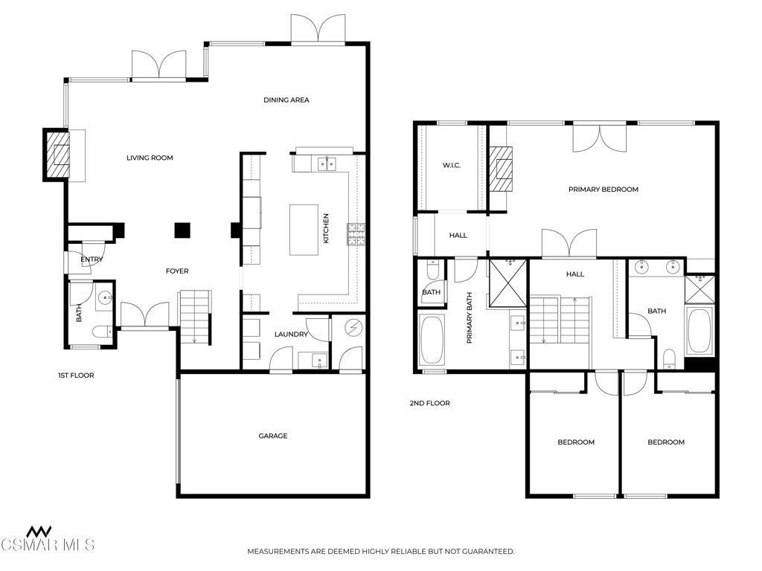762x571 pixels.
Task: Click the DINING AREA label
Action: tap(286, 100)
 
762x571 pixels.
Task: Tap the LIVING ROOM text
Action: tap(150, 158)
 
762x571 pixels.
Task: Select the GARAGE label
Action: tap(272, 436)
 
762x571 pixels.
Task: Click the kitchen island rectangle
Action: tap(304, 230)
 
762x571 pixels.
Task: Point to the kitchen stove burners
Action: tap(356, 234)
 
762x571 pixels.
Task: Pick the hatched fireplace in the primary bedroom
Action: tap(501, 170)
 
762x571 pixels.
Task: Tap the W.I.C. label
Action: tap(452, 166)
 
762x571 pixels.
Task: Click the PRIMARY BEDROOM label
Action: tap(603, 190)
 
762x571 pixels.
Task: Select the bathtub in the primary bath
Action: tap(432, 340)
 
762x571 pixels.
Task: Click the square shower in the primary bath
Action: tap(508, 283)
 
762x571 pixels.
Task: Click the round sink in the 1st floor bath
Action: tap(105, 297)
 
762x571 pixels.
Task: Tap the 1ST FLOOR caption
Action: tap(76, 375)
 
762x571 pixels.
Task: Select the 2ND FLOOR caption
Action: tap(429, 403)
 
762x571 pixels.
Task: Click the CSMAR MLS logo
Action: tap(47, 539)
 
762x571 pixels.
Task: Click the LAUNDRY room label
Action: tap(291, 335)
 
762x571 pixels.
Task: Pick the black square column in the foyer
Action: tap(182, 230)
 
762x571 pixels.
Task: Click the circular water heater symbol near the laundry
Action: tap(353, 328)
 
